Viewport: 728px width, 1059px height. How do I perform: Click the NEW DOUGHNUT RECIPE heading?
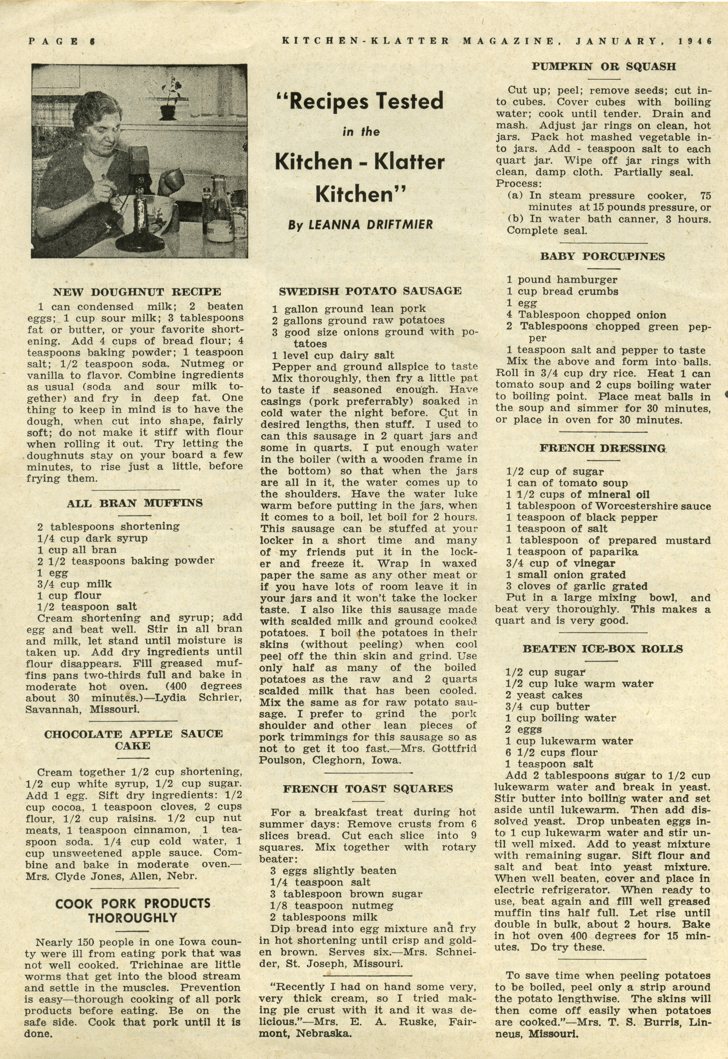137,292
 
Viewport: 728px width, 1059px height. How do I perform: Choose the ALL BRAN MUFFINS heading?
135,504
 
